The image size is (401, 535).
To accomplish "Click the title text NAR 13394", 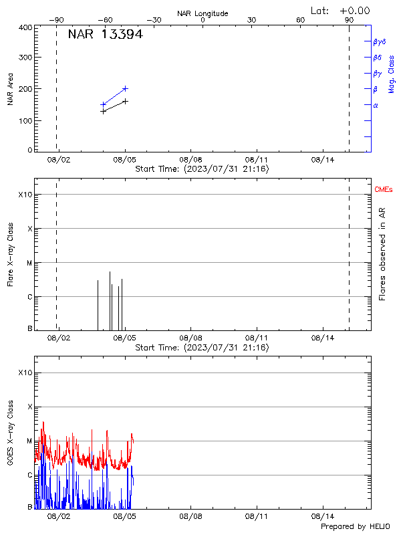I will pos(105,34).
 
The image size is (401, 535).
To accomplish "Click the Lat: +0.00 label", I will pos(341,11).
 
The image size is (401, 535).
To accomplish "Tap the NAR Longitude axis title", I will pos(203,13).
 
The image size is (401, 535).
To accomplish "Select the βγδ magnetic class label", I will pos(379,41).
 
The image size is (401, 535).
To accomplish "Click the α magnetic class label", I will pos(376,105).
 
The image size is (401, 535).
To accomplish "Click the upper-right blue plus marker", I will pos(125,88).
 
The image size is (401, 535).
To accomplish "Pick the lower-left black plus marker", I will pos(103,111).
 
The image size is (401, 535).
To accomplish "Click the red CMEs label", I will pos(384,190).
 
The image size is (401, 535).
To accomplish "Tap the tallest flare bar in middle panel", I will pos(110,300).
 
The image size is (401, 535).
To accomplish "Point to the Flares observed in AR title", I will pos(382,253).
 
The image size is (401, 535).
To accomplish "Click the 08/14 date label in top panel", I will pos(322,160).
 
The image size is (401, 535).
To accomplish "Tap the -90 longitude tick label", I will pos(59,20).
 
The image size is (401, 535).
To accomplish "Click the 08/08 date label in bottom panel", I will pos(190,516).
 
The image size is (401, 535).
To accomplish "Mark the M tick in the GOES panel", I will pos(29,441).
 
